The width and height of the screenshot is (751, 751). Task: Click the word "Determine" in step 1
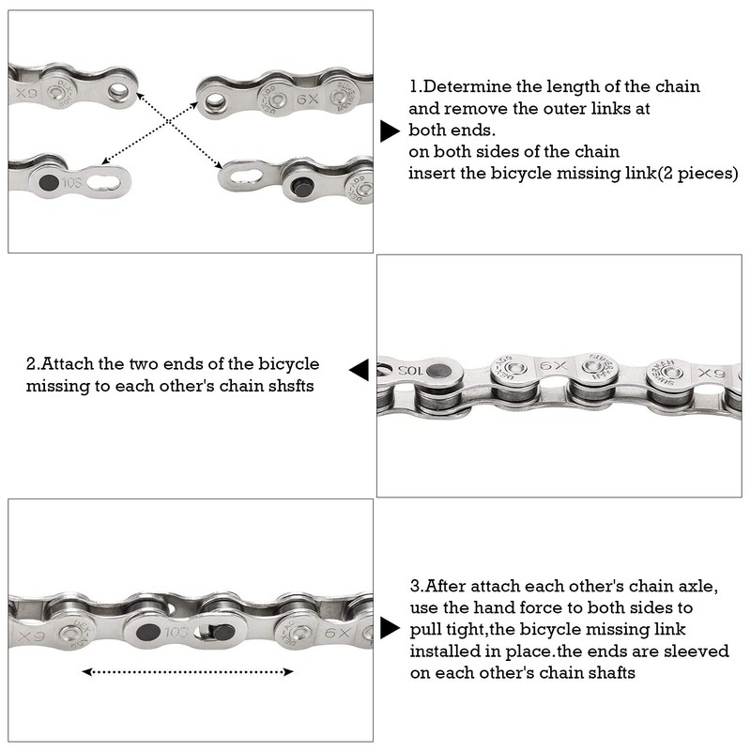466,86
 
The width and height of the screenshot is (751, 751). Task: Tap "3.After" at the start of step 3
441,586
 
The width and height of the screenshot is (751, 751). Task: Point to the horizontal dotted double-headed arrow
188,671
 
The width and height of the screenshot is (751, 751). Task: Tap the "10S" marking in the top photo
72,179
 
